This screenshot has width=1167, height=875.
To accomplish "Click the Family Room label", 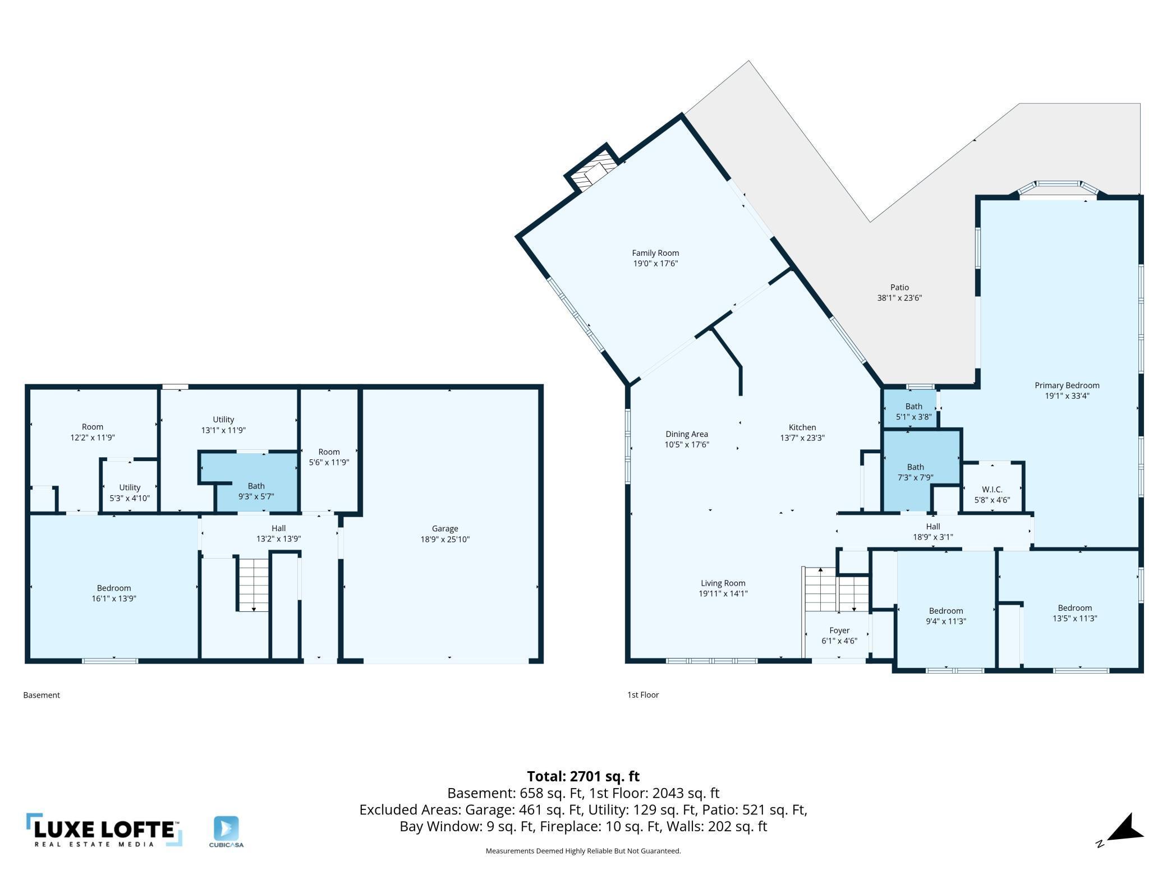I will [655, 253].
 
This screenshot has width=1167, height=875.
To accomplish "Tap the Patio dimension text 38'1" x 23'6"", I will [899, 298].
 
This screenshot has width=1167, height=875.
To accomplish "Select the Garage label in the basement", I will [445, 528].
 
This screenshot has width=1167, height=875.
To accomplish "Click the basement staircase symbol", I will [253, 583].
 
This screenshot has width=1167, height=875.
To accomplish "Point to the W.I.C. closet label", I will [992, 490].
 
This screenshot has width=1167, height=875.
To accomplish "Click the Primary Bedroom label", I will [1067, 385].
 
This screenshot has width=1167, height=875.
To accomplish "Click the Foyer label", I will [839, 630].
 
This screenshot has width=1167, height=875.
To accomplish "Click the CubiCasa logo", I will [226, 831].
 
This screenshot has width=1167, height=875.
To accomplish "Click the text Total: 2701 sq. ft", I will [583, 776].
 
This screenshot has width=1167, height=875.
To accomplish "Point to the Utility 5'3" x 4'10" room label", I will [130, 487].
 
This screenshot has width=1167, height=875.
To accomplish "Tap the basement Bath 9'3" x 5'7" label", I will [256, 486].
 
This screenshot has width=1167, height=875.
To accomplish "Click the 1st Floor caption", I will [643, 694].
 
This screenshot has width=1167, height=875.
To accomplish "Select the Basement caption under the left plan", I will [42, 695].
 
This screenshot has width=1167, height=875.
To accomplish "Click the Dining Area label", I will [687, 434].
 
